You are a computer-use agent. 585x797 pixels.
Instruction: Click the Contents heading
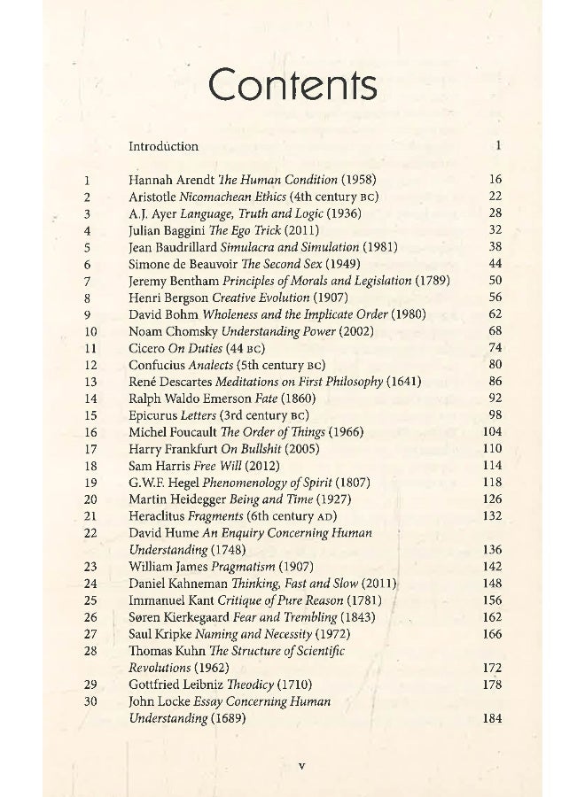click(292, 86)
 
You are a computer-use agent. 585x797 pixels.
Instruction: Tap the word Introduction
click(163, 146)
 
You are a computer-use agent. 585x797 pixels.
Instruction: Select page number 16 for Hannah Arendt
click(495, 179)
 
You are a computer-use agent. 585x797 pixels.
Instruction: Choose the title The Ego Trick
click(238, 229)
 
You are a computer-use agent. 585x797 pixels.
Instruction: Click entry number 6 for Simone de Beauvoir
click(88, 264)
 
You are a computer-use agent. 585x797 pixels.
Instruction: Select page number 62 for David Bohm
click(495, 314)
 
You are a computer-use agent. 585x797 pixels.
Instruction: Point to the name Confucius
click(158, 365)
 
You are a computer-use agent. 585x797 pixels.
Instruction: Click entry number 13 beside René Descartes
click(89, 382)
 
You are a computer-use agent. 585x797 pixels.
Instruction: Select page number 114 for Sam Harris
click(492, 466)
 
